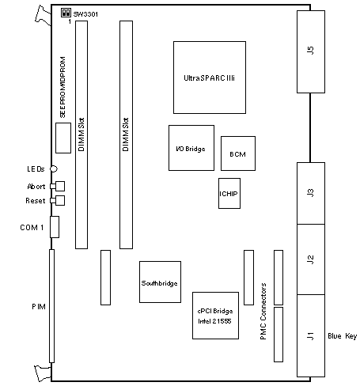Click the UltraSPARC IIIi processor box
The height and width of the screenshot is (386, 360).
[210, 78]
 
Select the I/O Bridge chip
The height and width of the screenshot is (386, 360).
[191, 148]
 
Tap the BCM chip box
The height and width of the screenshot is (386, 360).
[238, 153]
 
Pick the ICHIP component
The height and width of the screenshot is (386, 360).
[229, 194]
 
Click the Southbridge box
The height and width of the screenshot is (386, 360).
[160, 282]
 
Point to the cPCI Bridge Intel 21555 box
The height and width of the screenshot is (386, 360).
[216, 316]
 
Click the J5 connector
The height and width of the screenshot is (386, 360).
[311, 51]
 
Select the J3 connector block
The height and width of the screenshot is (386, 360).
[311, 193]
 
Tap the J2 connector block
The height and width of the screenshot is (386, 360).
[311, 259]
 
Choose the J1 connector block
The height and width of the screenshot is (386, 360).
[311, 335]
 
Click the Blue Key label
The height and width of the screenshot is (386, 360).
[342, 336]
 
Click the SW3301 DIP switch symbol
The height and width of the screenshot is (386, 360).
[66, 13]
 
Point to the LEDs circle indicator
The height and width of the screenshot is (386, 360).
[54, 168]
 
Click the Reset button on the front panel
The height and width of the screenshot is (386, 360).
[58, 201]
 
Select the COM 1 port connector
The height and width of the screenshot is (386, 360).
[55, 227]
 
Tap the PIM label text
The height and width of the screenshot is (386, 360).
[39, 307]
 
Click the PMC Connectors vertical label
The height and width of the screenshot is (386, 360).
[263, 312]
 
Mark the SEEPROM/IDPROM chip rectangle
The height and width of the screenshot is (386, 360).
[63, 138]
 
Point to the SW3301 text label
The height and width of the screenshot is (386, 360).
[85, 14]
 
